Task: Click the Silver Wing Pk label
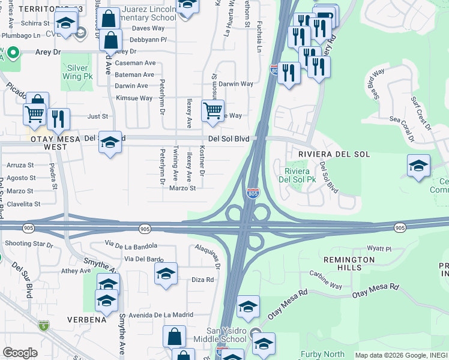tap(79, 73)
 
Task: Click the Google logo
tap(20, 353)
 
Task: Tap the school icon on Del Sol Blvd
tap(110, 142)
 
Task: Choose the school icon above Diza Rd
tap(166, 274)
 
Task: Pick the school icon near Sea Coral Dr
tap(418, 166)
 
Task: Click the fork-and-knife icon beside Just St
tap(58, 119)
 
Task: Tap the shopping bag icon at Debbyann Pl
tap(111, 41)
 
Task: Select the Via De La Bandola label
tap(131, 245)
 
